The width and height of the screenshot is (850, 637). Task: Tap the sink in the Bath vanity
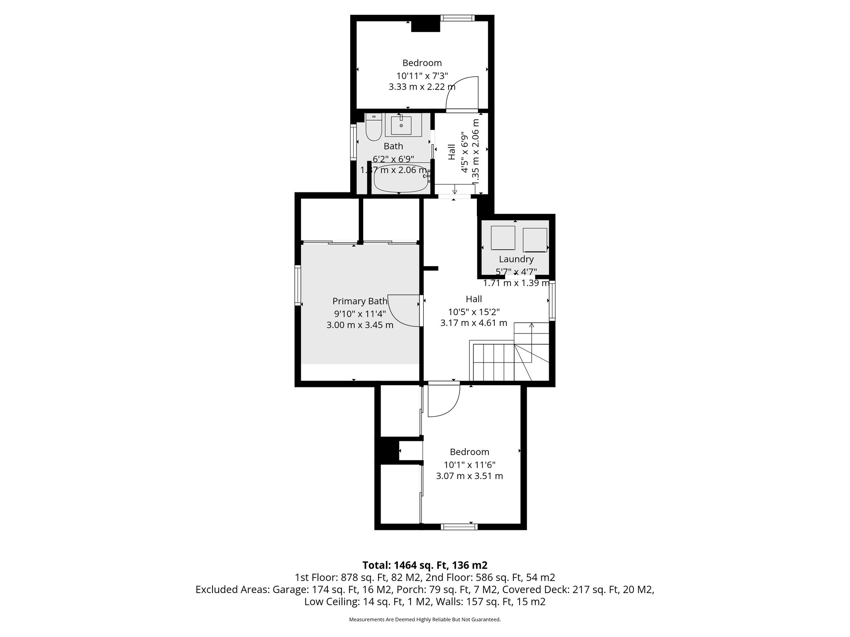point(401,125)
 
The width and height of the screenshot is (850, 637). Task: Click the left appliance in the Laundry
point(503,238)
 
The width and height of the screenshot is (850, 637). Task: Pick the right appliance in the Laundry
point(535,240)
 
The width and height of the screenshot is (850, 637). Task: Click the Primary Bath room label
point(360,301)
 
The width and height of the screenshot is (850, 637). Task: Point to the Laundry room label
point(516,259)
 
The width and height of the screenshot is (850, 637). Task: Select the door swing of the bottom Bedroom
point(443,400)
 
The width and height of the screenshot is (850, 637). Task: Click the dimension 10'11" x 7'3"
point(422,76)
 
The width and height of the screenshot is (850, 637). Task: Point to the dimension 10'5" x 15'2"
point(474,311)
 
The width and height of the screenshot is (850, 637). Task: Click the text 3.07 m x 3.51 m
point(469,476)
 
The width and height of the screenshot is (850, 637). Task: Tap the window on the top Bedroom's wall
point(457,18)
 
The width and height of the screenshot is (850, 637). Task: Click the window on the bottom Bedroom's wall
point(459,527)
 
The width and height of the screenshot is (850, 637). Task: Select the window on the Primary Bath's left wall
point(298,286)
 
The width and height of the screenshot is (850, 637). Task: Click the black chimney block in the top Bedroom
point(425,26)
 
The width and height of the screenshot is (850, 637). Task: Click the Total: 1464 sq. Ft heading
point(425,565)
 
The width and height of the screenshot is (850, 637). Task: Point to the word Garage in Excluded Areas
point(289,589)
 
